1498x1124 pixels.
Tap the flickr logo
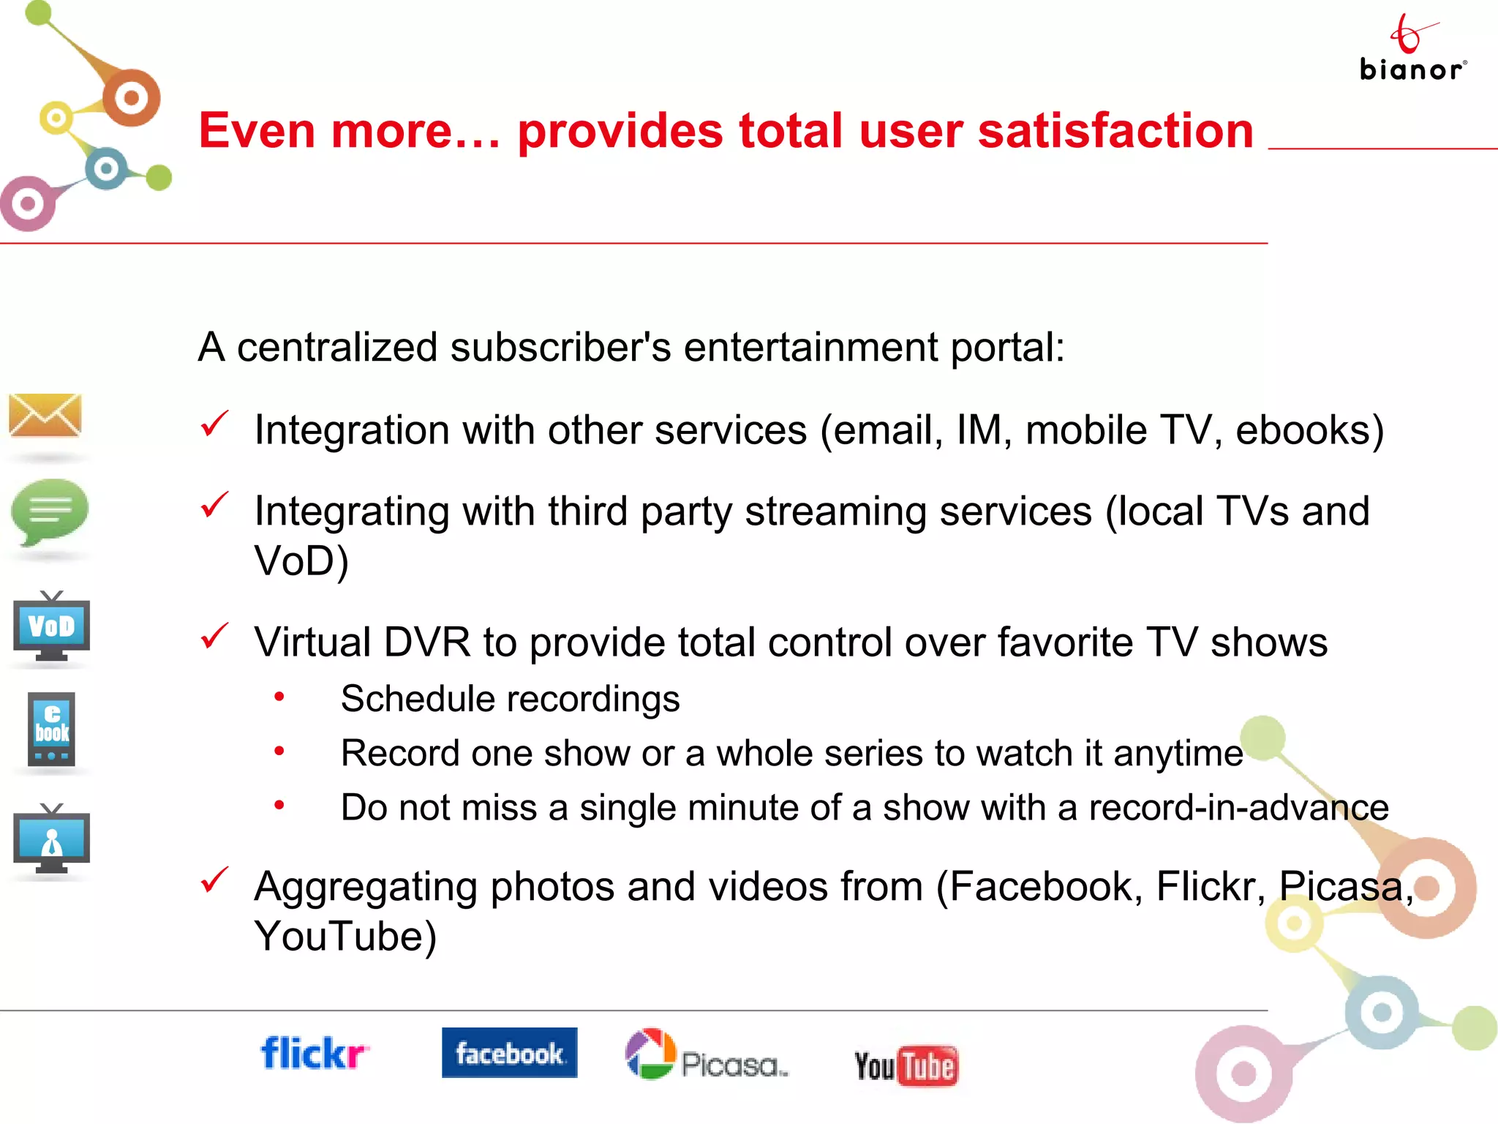315,1054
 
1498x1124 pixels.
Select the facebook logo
509,1053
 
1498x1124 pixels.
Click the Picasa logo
707,1055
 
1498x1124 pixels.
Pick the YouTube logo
906,1065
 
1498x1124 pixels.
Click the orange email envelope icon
45,415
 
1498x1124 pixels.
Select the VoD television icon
51,626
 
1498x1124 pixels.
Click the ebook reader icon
51,729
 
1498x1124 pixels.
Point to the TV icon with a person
51,839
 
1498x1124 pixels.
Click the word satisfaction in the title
1115,132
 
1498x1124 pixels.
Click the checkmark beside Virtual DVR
214,637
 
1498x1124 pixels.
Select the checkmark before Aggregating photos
214,880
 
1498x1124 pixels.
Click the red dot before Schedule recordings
279,697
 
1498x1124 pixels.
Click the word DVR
426,642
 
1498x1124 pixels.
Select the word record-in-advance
1238,808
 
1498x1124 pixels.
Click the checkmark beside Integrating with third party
214,505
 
